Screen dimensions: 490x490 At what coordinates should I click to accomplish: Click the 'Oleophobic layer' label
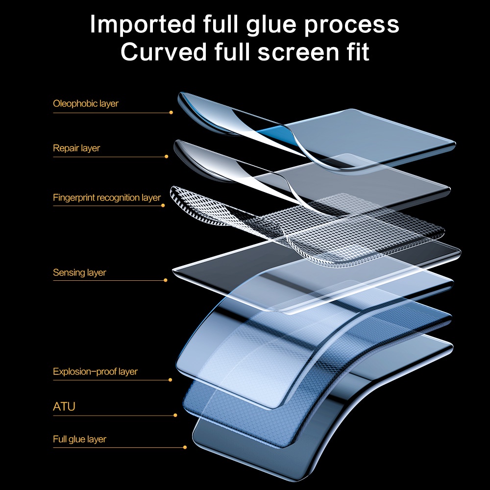[x=86, y=104]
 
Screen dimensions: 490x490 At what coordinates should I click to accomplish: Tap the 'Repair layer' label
[x=76, y=148]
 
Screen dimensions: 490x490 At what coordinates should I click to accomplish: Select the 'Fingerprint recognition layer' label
[x=107, y=198]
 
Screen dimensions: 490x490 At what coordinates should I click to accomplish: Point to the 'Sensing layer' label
[x=79, y=272]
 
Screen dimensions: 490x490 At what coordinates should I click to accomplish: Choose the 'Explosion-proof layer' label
[x=95, y=371]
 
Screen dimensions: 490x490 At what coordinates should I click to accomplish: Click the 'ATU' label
[x=64, y=406]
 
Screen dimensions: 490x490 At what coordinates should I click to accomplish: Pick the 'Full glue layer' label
[x=79, y=439]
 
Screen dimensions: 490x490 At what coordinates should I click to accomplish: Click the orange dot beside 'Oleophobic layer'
[x=171, y=112]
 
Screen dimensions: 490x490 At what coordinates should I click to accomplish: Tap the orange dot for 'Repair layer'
[x=167, y=157]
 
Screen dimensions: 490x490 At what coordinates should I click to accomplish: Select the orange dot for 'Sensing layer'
[x=166, y=280]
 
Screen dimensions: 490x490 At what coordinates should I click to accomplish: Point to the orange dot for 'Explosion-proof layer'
[x=170, y=380]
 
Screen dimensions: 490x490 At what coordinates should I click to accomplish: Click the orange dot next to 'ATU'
[x=175, y=416]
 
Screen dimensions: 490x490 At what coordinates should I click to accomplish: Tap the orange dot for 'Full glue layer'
[x=185, y=447]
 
